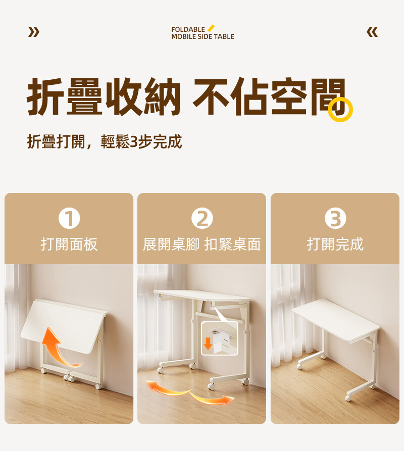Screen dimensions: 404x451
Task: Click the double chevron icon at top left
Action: [34, 32]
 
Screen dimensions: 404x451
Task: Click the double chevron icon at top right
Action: [372, 32]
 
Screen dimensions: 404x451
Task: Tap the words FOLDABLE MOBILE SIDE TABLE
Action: [203, 33]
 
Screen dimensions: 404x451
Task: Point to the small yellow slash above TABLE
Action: [211, 28]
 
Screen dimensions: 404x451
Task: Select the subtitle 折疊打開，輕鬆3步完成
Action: [105, 141]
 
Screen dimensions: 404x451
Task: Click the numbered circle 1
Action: [69, 218]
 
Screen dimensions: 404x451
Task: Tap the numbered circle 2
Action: [202, 218]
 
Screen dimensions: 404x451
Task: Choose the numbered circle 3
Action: [335, 218]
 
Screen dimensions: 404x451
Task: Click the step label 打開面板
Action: [69, 244]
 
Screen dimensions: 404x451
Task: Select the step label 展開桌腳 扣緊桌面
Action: [202, 244]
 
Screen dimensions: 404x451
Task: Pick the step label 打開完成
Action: [335, 244]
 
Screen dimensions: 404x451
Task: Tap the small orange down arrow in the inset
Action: [208, 343]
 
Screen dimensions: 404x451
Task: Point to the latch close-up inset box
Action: [219, 338]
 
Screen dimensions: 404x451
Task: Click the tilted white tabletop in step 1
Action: [64, 326]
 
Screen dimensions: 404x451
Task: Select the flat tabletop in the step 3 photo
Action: [336, 320]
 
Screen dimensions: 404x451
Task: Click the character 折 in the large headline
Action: [45, 96]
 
